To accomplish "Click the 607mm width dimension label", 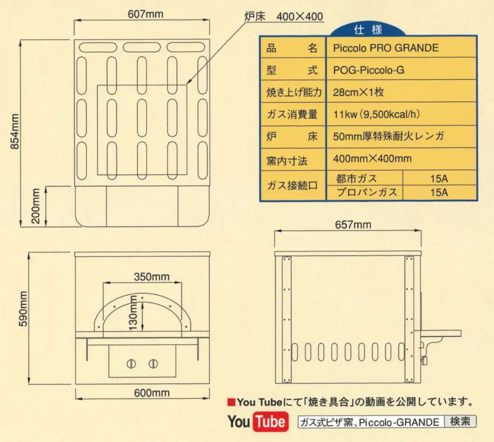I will [145, 14].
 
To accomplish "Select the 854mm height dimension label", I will [14, 132].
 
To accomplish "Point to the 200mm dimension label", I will [36, 206].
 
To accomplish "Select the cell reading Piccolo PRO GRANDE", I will [385, 48].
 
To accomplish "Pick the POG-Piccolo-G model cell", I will [369, 70].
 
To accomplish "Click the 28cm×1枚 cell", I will [358, 93].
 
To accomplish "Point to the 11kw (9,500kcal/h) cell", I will [377, 115].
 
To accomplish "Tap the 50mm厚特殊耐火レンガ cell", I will [388, 137].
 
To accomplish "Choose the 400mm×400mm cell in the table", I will [372, 158].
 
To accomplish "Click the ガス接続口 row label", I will [292, 185].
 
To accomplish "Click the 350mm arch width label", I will [151, 276].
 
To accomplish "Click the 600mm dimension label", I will [151, 393].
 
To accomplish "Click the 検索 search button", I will [460, 422].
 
